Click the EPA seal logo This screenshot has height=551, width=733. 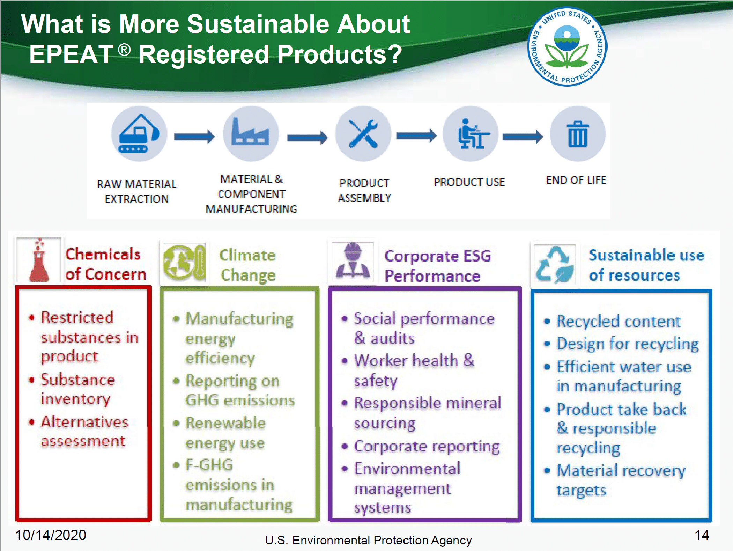[x=567, y=47]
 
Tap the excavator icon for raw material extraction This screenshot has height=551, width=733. [x=139, y=134]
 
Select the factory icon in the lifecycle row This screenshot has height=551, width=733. [x=251, y=134]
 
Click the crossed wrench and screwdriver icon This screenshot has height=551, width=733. [x=363, y=134]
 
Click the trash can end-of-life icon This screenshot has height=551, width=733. [x=578, y=134]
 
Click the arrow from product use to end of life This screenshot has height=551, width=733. [x=523, y=136]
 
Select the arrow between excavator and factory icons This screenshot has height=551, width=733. [x=195, y=136]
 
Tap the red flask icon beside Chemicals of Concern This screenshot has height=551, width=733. [x=39, y=260]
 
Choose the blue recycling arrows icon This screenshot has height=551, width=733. [x=555, y=264]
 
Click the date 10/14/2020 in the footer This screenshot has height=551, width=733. [x=51, y=535]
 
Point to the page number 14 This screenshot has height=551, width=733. [x=702, y=535]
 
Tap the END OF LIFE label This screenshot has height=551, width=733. [x=576, y=180]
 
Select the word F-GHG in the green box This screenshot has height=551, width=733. [x=209, y=465]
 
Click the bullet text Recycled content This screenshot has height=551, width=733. [x=619, y=321]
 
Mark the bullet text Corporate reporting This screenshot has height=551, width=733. [x=427, y=447]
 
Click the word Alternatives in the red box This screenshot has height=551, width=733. [x=85, y=422]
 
